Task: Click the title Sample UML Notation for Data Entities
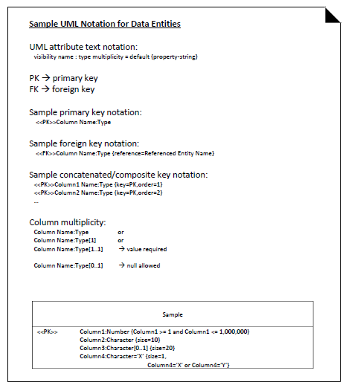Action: (105, 24)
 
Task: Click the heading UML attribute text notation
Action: (83, 47)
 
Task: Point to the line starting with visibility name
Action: (115, 56)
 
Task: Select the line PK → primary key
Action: (63, 78)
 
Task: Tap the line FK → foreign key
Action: (62, 89)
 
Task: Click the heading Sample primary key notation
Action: (86, 112)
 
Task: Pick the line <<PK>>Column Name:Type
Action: (73, 122)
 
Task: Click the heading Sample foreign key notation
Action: (84, 143)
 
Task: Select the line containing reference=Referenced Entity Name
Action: (125, 153)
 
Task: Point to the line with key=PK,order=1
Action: (98, 184)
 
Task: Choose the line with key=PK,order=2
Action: (98, 193)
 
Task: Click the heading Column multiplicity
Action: (68, 222)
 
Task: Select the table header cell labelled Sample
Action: (173, 314)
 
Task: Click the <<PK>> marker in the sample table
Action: (47, 331)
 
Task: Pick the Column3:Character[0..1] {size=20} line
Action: (127, 348)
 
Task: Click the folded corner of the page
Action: (332, 14)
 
